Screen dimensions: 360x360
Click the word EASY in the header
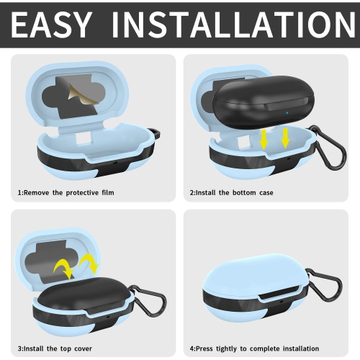point(51,24)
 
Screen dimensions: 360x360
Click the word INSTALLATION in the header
point(233,24)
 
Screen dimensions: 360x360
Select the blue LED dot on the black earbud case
point(287,112)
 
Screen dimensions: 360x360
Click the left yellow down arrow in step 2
point(264,140)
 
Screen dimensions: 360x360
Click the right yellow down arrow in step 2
point(285,138)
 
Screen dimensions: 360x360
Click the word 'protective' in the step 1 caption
point(82,193)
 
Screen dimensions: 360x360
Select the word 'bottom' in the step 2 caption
point(240,192)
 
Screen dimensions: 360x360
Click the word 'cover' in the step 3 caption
point(83,348)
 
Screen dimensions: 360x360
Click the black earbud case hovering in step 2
point(264,102)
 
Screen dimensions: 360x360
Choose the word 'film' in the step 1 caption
point(108,192)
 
